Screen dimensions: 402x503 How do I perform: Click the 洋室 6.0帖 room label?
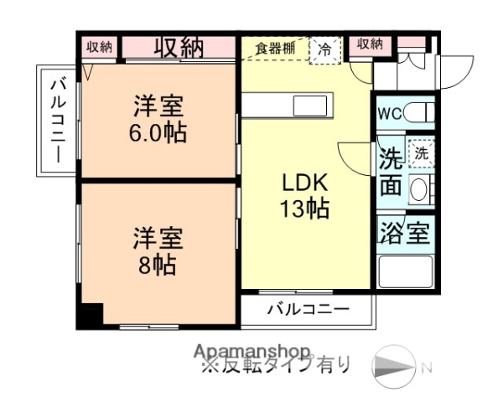pos(158,120)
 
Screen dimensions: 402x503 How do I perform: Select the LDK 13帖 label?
pos(303,195)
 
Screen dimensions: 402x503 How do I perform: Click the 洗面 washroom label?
pos(390,172)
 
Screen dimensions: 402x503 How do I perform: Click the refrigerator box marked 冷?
pos(324,49)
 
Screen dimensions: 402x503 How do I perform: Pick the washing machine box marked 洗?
pos(419,154)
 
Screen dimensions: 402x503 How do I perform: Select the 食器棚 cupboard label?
pos(275,48)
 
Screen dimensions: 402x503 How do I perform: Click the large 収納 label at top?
pos(178,47)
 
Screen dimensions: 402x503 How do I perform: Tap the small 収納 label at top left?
pos(99,47)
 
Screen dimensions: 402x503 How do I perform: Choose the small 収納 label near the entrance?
pos(370,44)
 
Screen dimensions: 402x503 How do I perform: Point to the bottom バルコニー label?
pos(308,309)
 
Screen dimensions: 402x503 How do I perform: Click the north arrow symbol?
pos(394,366)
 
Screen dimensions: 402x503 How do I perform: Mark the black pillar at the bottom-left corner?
pos(90,316)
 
